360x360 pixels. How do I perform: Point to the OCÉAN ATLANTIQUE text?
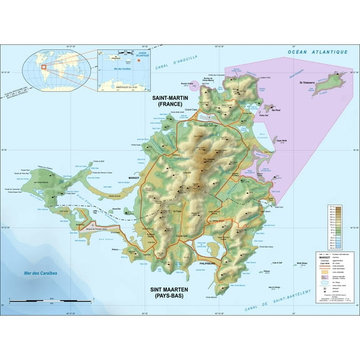[x=317, y=52]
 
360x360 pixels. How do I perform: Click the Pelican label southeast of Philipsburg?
[x=267, y=271]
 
